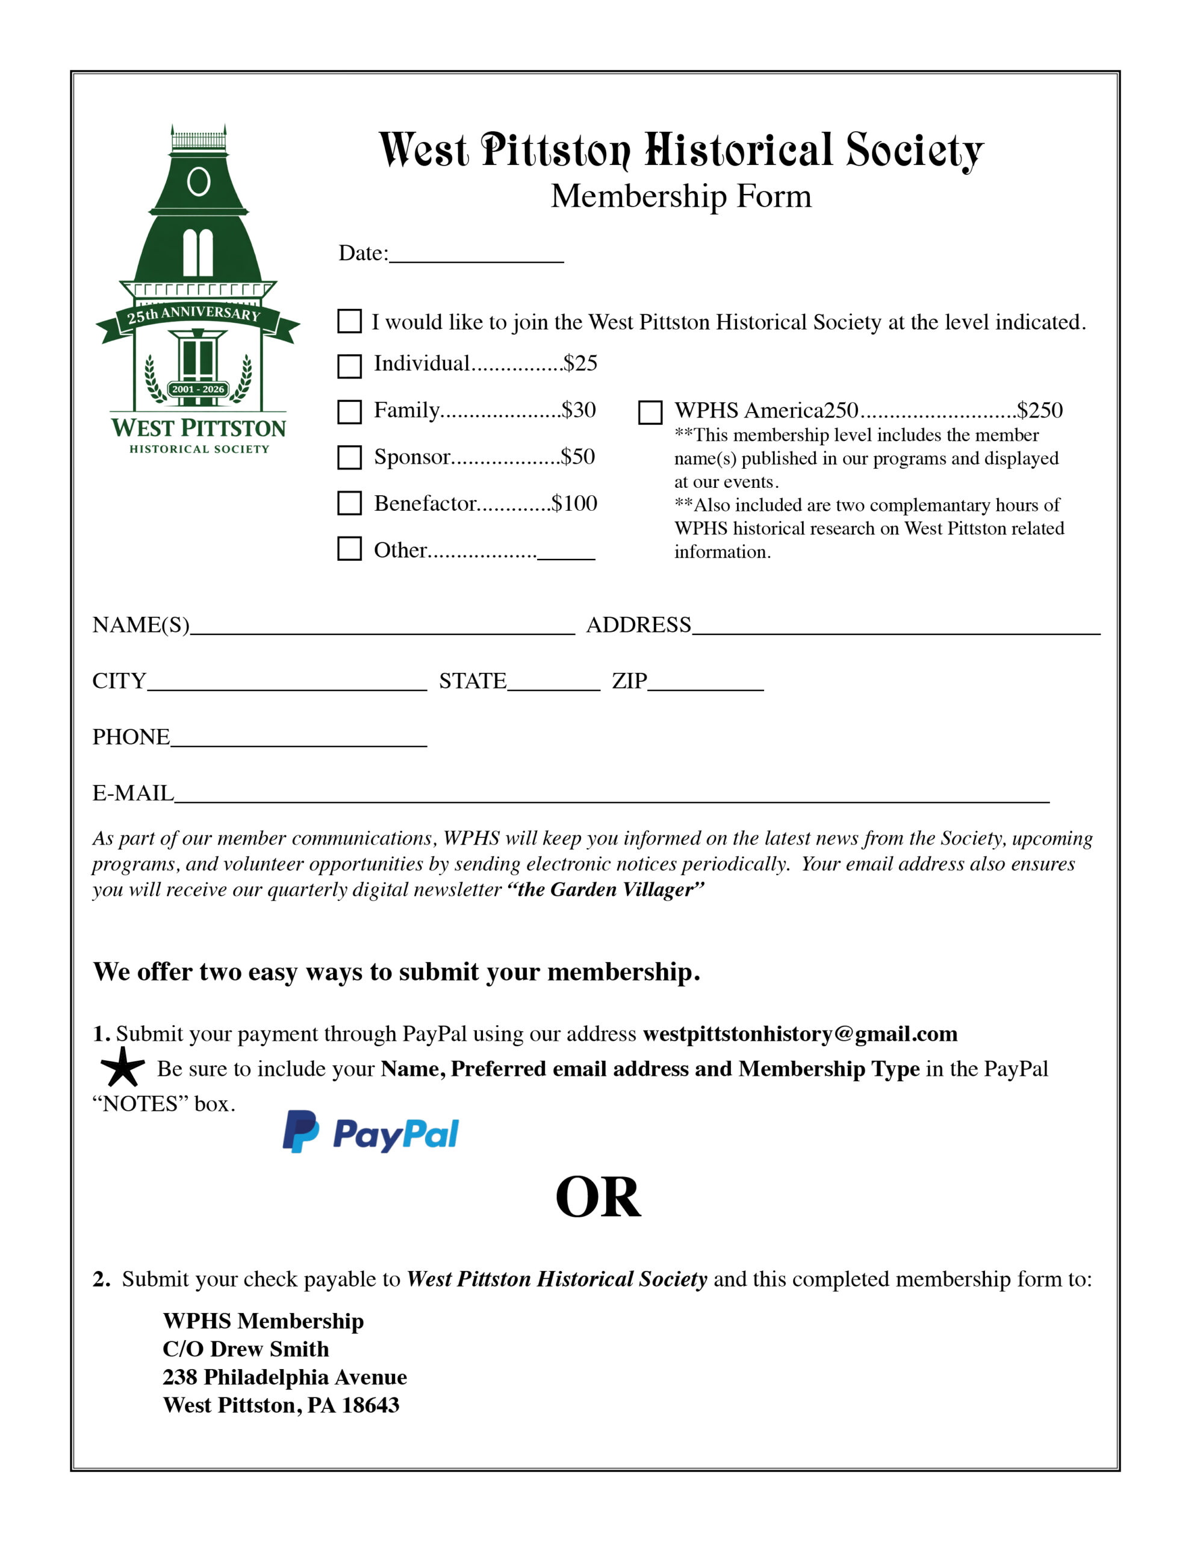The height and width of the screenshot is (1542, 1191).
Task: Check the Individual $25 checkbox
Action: [349, 366]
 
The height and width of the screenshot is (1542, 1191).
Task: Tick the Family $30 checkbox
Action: [349, 411]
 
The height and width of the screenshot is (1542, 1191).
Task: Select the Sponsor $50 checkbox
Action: [349, 458]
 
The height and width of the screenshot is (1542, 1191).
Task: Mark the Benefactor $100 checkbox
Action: [349, 504]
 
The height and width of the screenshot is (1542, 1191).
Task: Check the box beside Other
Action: [349, 549]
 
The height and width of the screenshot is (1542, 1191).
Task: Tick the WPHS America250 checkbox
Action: [650, 413]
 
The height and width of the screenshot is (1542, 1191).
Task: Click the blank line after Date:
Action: [476, 255]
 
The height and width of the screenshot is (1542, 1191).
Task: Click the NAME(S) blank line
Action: [382, 628]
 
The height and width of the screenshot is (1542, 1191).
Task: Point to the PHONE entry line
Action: [298, 739]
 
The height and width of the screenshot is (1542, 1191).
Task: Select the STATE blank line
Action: [553, 684]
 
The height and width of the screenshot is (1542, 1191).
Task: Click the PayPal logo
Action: [371, 1134]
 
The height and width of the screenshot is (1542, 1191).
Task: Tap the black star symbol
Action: [123, 1067]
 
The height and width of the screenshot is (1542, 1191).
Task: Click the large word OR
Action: [598, 1197]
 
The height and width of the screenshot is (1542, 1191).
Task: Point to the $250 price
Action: [1039, 410]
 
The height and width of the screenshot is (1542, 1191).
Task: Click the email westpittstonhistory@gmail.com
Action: [799, 1034]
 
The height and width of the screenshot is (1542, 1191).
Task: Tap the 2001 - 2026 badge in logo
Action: [197, 389]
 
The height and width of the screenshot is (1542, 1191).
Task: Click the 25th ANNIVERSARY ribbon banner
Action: [194, 315]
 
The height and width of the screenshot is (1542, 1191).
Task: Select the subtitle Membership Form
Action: [680, 196]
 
